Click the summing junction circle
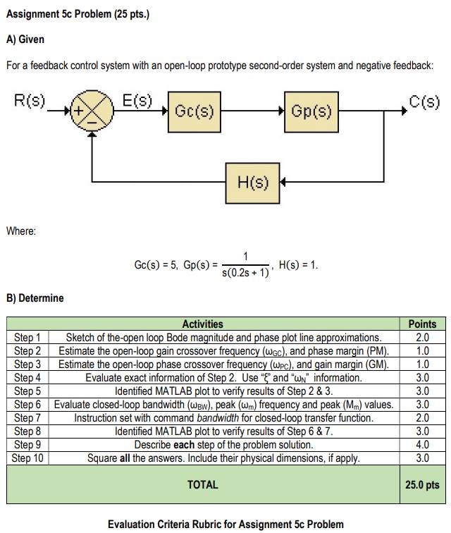pyautogui.click(x=90, y=111)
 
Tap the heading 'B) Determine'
pyautogui.click(x=35, y=298)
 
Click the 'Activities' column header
pyautogui.click(x=203, y=324)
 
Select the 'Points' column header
pyautogui.click(x=422, y=324)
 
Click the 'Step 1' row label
pyautogui.click(x=27, y=337)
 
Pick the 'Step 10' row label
pyautogui.click(x=27, y=458)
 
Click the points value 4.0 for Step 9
pyautogui.click(x=422, y=445)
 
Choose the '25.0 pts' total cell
pyautogui.click(x=422, y=485)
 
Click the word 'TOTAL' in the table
pyautogui.click(x=203, y=485)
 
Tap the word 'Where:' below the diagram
pyautogui.click(x=21, y=230)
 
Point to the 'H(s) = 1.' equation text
pyautogui.click(x=299, y=265)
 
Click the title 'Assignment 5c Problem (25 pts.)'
pyautogui.click(x=78, y=15)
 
